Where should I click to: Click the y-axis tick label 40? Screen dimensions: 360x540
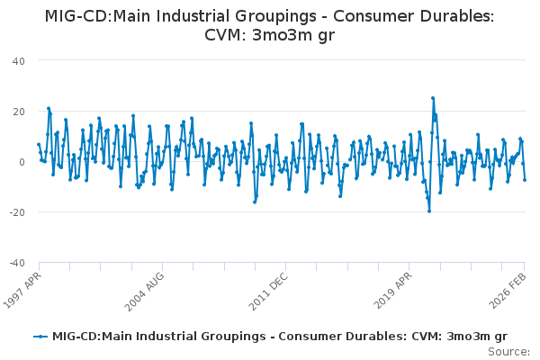point(17,60)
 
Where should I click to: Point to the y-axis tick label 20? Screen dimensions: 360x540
point(17,111)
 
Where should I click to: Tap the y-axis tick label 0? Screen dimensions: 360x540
point(20,161)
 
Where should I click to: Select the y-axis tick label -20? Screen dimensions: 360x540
point(15,211)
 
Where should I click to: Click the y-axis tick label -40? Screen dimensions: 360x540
point(15,262)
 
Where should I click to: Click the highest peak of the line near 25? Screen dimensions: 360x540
point(433,98)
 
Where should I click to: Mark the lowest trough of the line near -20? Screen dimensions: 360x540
point(429,211)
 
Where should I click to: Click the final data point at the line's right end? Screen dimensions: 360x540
point(525,180)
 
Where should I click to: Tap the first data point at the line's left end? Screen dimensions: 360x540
point(38,144)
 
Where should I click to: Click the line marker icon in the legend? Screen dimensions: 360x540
point(40,336)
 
